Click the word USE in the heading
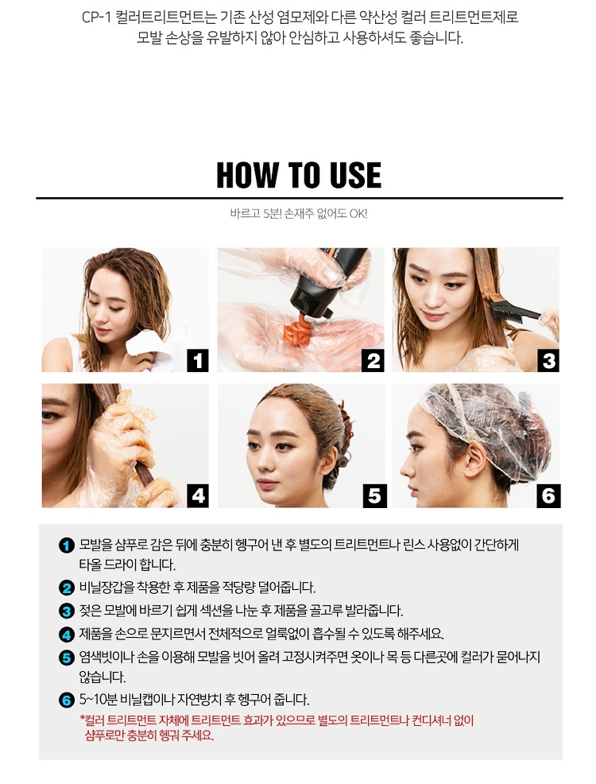point(356,174)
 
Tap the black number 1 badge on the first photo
point(198,361)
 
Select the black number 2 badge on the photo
point(373,361)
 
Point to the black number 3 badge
point(548,361)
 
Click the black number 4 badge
point(198,496)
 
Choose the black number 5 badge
point(373,496)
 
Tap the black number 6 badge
point(548,496)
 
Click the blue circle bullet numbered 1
point(67,545)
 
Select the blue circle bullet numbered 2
point(67,588)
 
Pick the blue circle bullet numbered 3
point(67,611)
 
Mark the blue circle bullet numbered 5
point(67,658)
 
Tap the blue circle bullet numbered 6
point(67,700)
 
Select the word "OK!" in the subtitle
point(358,214)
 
